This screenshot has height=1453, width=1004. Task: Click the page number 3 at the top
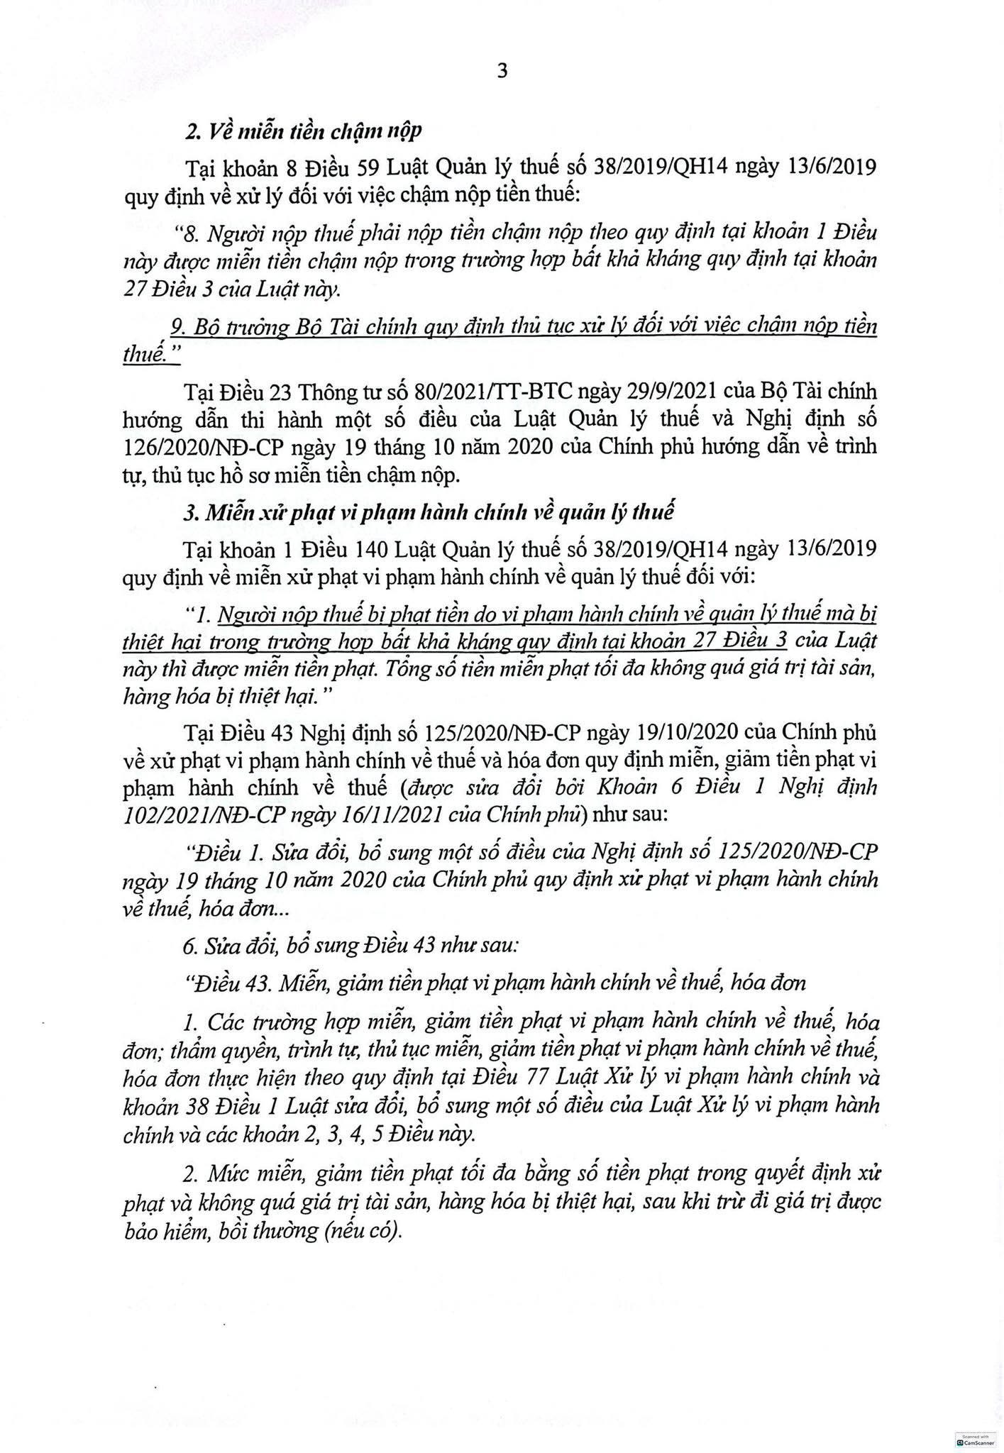pyautogui.click(x=502, y=71)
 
